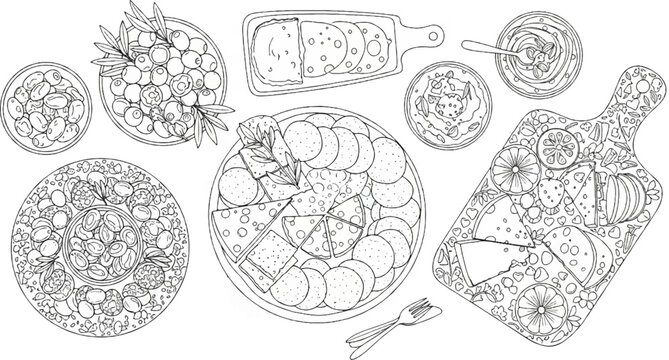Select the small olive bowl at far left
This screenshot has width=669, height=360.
41,108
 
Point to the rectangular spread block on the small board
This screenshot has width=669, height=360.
277,46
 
